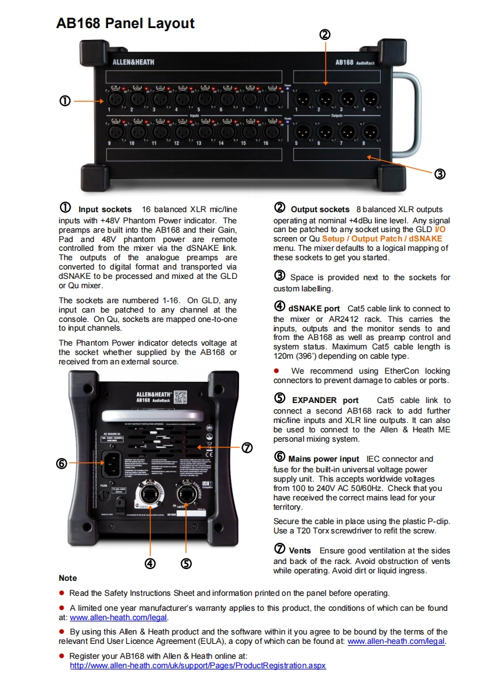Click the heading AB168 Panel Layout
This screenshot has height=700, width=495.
click(x=125, y=24)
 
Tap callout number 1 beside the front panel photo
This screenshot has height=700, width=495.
click(x=65, y=100)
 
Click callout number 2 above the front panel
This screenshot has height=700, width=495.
click(x=325, y=35)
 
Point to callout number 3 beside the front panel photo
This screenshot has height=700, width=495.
click(x=439, y=174)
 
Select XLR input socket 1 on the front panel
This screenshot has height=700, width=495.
click(x=115, y=99)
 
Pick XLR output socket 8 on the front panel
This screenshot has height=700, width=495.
click(x=371, y=132)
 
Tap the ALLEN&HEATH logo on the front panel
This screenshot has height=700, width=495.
click(x=133, y=62)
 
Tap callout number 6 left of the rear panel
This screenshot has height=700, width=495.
click(x=61, y=463)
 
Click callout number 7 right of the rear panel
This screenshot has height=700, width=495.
click(x=247, y=447)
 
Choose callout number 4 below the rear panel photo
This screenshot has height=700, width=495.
click(x=150, y=563)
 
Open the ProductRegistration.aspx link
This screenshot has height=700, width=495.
click(x=197, y=666)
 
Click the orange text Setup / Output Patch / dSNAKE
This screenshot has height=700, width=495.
click(x=382, y=238)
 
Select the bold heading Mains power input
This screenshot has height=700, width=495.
click(x=324, y=459)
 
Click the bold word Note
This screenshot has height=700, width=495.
click(x=68, y=578)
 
